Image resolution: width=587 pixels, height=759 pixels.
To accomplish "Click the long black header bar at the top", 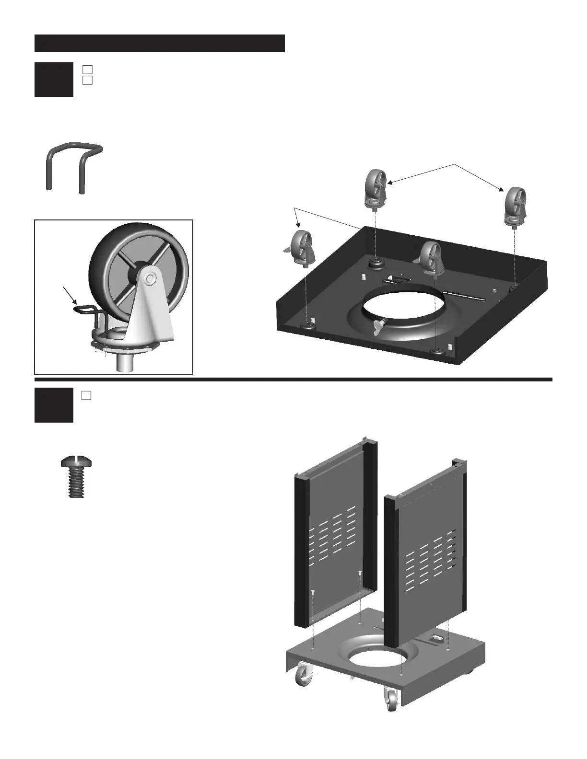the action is [160, 43].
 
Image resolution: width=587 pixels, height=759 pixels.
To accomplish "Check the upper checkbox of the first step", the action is [87, 69].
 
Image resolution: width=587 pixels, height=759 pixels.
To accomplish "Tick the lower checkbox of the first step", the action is [87, 80].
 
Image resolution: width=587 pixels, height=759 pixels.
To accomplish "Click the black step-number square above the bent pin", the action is [54, 80].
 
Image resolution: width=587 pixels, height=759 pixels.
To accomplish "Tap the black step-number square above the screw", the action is [54, 405].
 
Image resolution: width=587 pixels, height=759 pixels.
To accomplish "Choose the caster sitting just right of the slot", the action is [431, 258].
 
